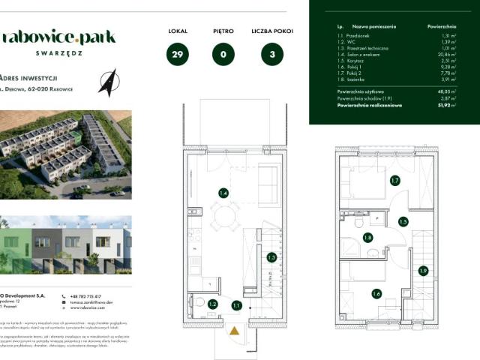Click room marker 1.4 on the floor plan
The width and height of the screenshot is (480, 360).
pyautogui.click(x=223, y=193)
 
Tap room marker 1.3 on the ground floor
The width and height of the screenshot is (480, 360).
pyautogui.click(x=271, y=257)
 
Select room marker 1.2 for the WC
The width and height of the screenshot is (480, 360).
pyautogui.click(x=212, y=304)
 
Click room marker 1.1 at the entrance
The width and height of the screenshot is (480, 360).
pyautogui.click(x=236, y=305)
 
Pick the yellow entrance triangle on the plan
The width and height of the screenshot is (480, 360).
pyautogui.click(x=235, y=328)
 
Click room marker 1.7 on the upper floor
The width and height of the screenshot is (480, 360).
pyautogui.click(x=395, y=181)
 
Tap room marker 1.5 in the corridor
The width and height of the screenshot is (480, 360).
pyautogui.click(x=403, y=222)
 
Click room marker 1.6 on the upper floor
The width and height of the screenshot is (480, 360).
pyautogui.click(x=376, y=293)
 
